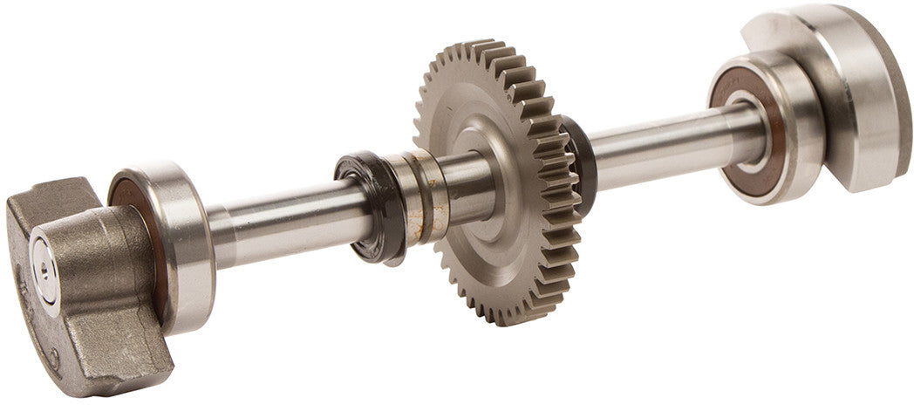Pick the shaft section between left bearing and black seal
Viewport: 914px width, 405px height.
click(279, 218)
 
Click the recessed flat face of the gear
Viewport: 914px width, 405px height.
click(515, 244)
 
